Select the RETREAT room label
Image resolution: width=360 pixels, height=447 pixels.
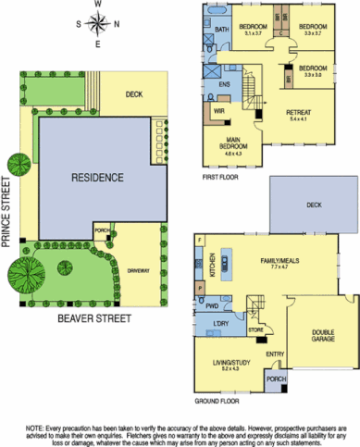point(299,115)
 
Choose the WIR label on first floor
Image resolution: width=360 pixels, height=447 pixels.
point(220,112)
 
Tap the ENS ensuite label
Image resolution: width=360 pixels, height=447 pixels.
point(223,84)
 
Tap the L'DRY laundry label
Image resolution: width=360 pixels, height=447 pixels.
point(222,323)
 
